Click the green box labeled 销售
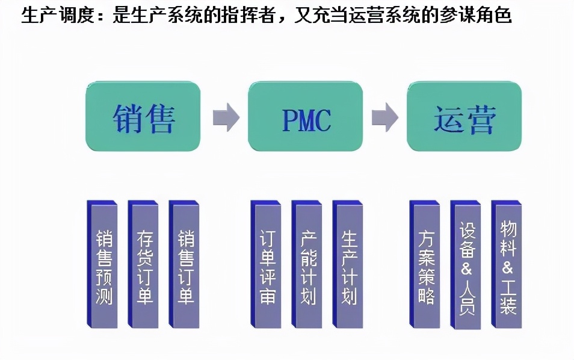(x=143, y=116)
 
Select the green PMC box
(x=306, y=116)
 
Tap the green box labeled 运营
(x=464, y=116)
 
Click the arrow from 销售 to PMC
(x=226, y=117)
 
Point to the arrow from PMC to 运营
(x=385, y=117)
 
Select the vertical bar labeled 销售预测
(x=104, y=265)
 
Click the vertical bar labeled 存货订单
(x=145, y=265)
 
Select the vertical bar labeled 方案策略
(x=427, y=265)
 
